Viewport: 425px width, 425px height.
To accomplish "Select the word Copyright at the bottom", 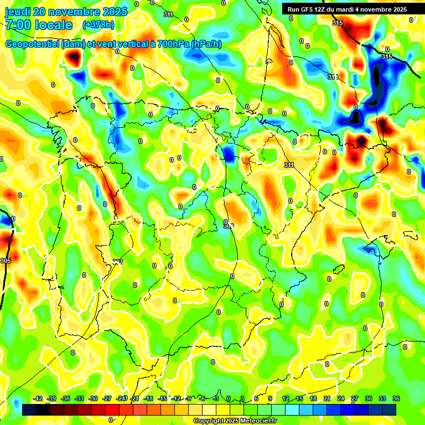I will tap(209, 421).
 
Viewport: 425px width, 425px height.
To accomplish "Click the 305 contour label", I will tap(6, 260).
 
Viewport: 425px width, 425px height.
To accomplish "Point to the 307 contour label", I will tap(118, 262).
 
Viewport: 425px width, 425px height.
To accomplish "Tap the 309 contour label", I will tap(228, 226).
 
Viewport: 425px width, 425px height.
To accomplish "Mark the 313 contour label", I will tap(333, 77).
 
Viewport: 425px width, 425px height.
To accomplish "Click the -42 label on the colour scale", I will tap(38, 399).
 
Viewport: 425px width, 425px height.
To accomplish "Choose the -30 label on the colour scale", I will tap(93, 399).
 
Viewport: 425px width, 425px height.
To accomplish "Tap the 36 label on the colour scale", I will tap(396, 399).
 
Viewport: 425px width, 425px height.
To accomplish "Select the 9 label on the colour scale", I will tap(270, 399).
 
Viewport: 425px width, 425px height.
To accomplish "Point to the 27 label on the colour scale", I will tap(355, 399).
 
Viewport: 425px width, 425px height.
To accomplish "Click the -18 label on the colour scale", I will tap(148, 399).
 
